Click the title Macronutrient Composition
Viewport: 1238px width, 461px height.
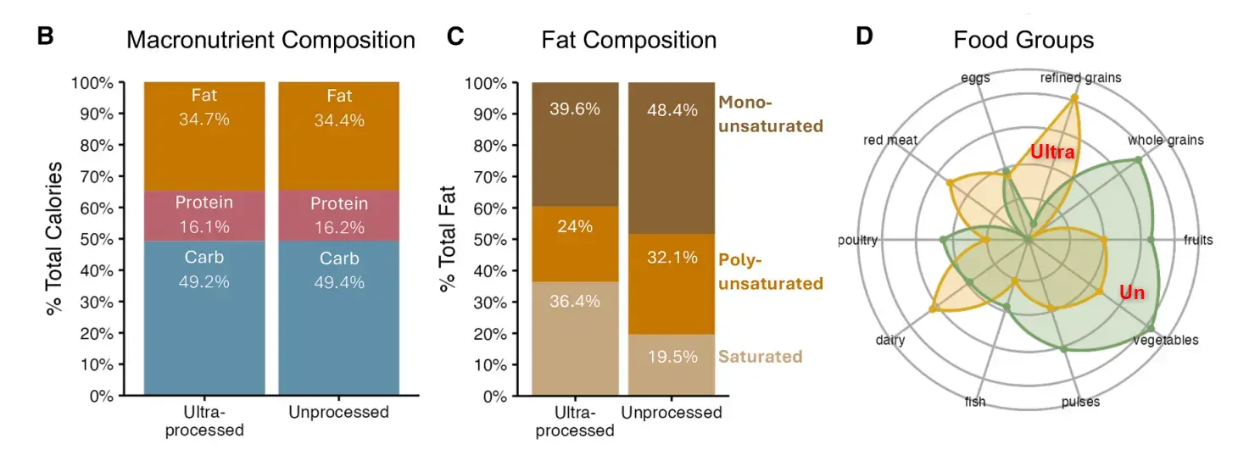click(x=270, y=40)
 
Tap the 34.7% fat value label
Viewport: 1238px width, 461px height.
click(x=204, y=119)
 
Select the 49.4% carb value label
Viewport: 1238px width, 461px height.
click(x=339, y=281)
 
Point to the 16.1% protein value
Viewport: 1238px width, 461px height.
click(x=204, y=227)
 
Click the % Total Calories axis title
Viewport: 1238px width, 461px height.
click(x=55, y=239)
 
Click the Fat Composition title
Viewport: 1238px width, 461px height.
click(x=628, y=40)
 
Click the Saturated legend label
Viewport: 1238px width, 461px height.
click(x=760, y=356)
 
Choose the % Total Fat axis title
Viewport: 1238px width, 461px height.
click(x=447, y=239)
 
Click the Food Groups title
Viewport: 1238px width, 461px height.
click(x=1023, y=40)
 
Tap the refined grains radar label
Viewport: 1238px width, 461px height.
click(x=1080, y=78)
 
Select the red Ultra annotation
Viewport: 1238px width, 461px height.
click(x=1052, y=153)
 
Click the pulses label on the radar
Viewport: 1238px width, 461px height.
click(x=1080, y=402)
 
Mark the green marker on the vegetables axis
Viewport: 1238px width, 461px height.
click(x=1151, y=328)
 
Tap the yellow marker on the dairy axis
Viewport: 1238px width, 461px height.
click(x=934, y=309)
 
